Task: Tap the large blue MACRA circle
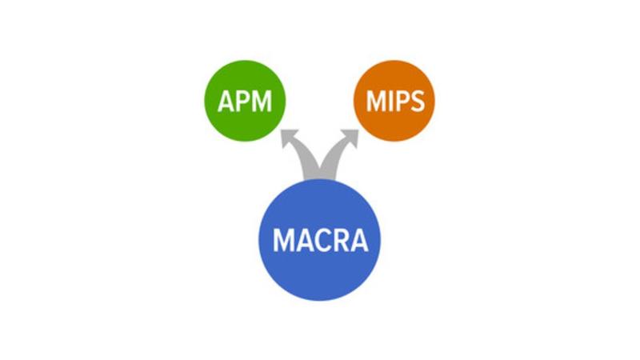tap(320, 240)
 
